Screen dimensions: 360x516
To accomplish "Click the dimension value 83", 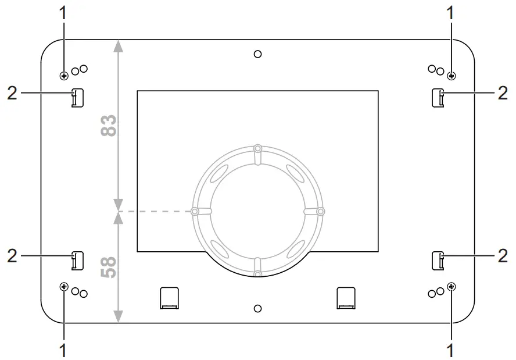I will click(109, 125).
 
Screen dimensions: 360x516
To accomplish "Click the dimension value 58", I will click(109, 267).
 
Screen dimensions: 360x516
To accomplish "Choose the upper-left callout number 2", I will click(12, 93).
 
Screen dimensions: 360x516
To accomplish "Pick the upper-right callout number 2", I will click(503, 93).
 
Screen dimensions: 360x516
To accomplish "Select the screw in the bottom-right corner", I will click(452, 286).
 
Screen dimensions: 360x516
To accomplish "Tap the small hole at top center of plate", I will click(258, 54).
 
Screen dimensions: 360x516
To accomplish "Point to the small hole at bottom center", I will click(258, 307).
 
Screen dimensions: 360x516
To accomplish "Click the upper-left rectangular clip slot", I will click(77, 98).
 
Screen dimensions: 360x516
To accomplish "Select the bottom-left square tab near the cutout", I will click(169, 297).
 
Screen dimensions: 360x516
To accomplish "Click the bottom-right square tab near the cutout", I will click(346, 297).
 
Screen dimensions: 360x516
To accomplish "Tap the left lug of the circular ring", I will click(195, 211).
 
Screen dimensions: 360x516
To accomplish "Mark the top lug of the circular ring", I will click(258, 149).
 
